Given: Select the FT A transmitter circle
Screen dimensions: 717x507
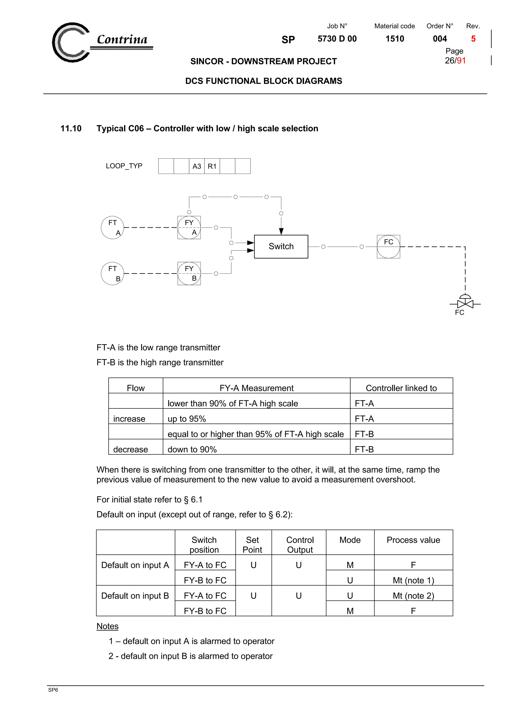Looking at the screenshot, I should click(112, 227).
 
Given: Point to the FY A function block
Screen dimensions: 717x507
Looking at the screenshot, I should click(189, 227).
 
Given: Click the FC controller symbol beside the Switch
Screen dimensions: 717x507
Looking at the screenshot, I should click(388, 246).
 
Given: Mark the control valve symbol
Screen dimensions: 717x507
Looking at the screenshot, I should click(465, 303).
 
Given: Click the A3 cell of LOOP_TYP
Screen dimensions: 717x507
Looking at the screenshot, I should click(197, 166).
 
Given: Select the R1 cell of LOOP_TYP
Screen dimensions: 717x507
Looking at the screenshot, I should click(212, 166).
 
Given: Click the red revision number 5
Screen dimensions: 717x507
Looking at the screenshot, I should click(473, 39).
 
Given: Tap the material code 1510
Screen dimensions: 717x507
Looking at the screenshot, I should click(395, 39).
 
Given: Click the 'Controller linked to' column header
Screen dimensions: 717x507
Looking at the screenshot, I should click(401, 388).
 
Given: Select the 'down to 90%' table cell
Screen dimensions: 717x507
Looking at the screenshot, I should click(192, 449).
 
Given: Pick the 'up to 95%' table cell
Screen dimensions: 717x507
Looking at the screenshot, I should click(187, 419).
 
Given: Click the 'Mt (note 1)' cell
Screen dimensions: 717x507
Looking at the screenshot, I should click(413, 580).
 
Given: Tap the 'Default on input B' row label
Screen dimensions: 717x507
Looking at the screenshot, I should click(135, 596).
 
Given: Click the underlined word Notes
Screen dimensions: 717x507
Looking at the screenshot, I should click(107, 626).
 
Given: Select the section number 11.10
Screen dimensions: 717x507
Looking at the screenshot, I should click(71, 128).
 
